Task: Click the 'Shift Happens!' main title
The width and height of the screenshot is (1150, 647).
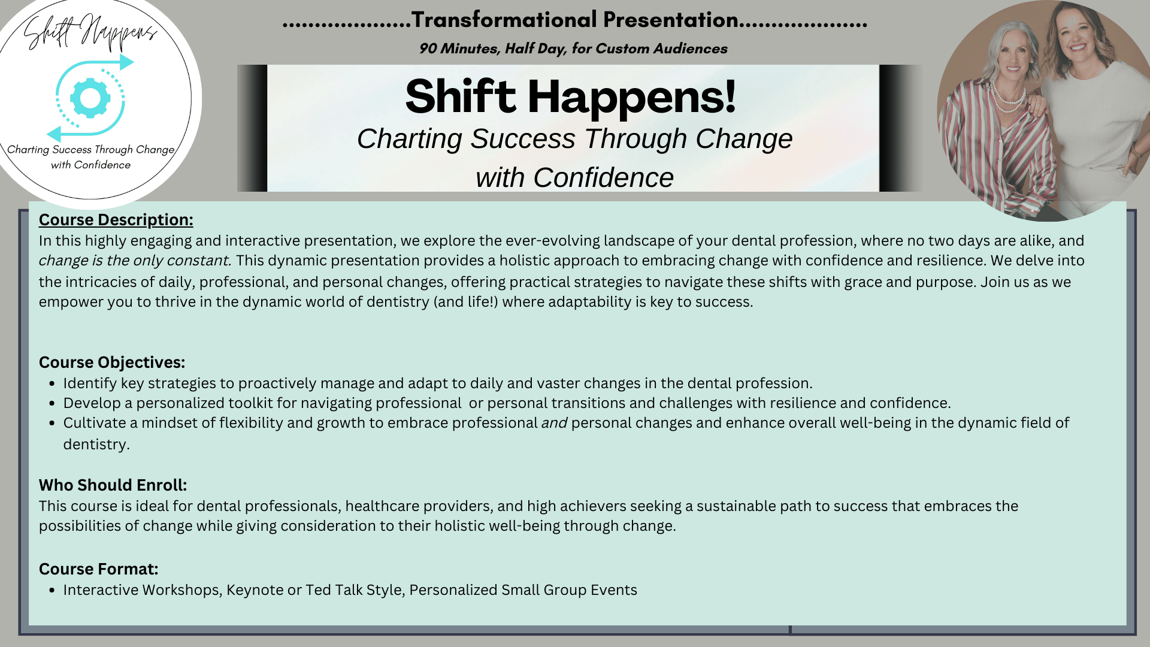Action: [x=570, y=97]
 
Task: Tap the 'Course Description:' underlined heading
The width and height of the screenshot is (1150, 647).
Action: [x=116, y=220]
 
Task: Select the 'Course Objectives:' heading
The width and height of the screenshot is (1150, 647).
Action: [x=112, y=362]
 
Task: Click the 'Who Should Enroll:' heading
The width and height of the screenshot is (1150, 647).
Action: [x=113, y=485]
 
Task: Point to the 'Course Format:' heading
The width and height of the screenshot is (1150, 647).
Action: [x=99, y=569]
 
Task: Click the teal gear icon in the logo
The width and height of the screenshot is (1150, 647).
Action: [x=90, y=98]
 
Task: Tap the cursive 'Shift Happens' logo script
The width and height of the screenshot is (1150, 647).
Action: [x=90, y=33]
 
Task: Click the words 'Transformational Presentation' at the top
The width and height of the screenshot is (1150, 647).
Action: [x=575, y=20]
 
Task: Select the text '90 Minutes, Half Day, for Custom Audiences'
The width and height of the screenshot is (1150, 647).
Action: [x=573, y=49]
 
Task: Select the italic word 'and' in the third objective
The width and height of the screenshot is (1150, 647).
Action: [x=554, y=423]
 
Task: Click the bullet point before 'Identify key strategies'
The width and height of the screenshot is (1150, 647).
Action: [x=53, y=384]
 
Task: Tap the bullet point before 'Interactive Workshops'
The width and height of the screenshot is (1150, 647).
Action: [x=53, y=591]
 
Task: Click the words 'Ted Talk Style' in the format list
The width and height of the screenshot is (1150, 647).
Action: [x=353, y=590]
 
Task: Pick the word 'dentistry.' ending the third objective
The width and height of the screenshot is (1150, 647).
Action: [x=96, y=445]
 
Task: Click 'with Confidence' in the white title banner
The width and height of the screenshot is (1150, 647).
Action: [x=574, y=177]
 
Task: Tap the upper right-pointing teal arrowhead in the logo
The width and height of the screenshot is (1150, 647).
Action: [x=126, y=62]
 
